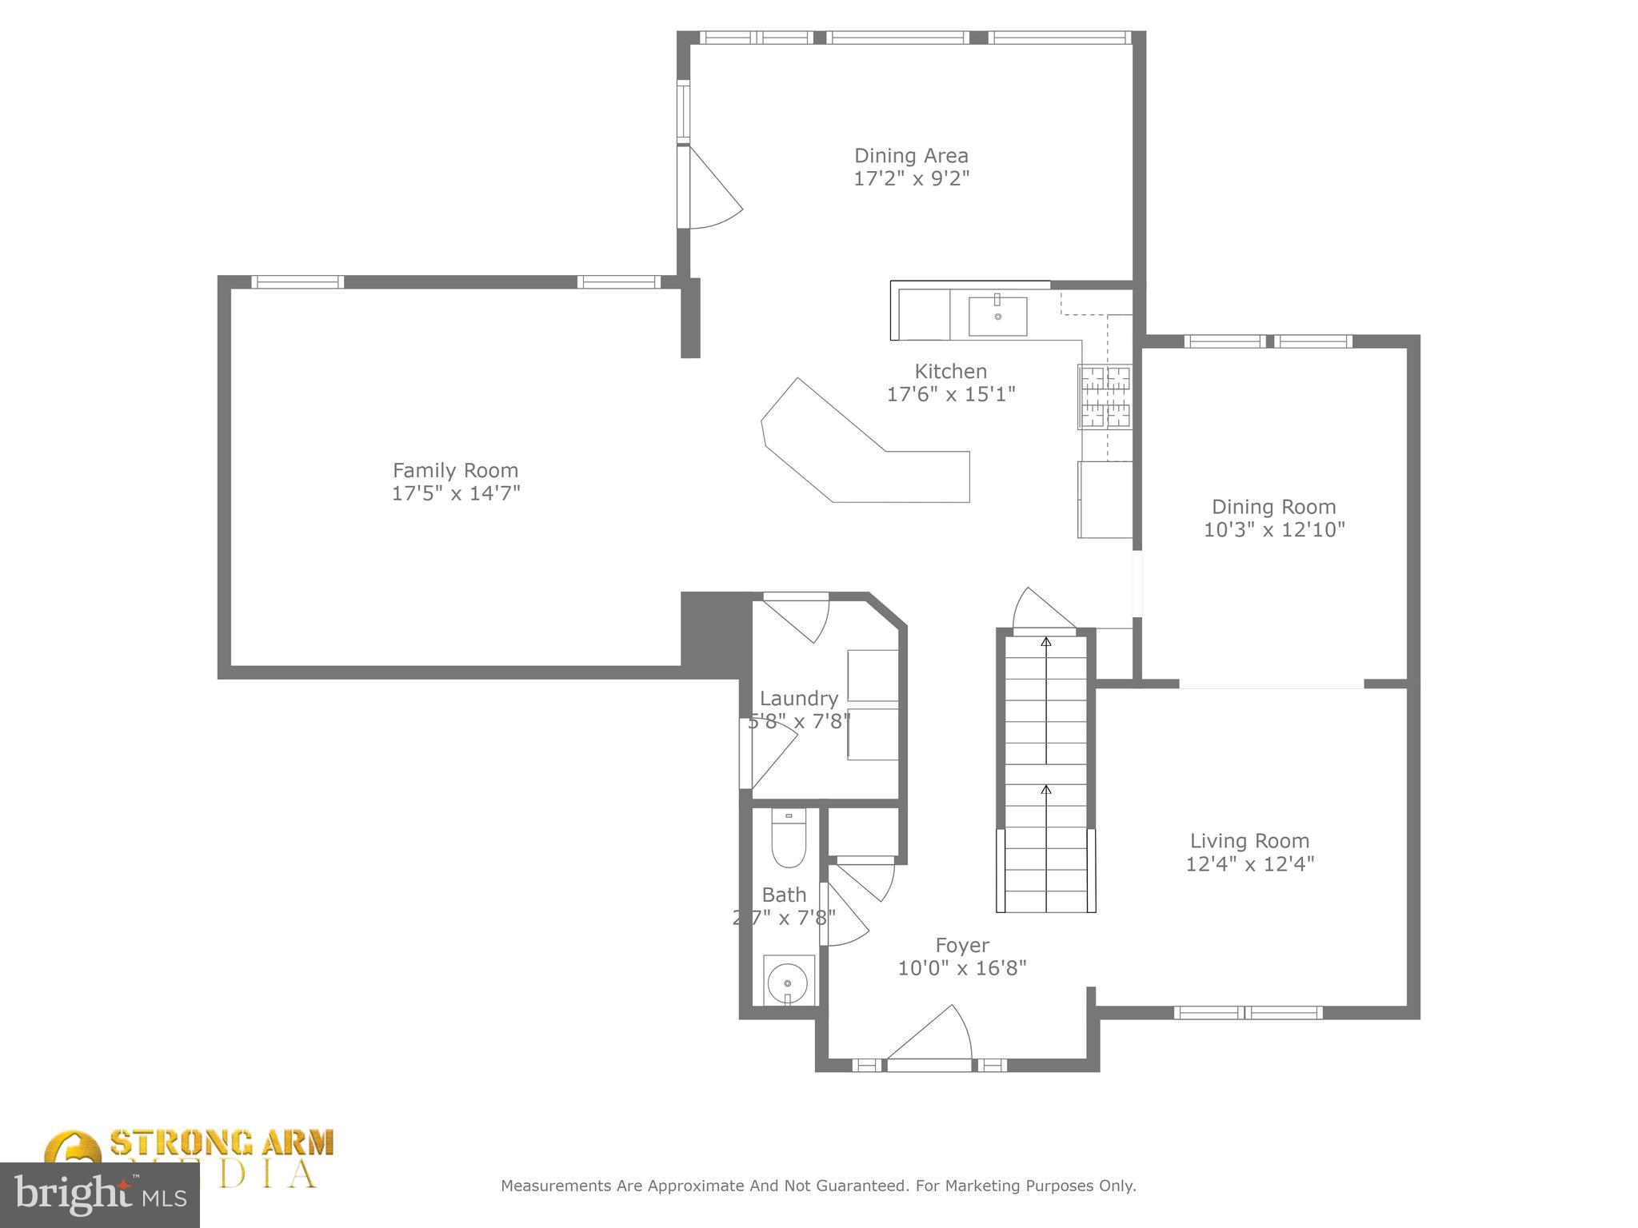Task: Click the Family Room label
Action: pyautogui.click(x=455, y=470)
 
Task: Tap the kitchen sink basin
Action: pyautogui.click(x=997, y=316)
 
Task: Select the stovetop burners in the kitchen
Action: pyautogui.click(x=1105, y=397)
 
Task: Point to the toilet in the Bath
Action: pyautogui.click(x=789, y=839)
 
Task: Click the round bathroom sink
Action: pyautogui.click(x=788, y=981)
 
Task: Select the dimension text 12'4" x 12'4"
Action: pyautogui.click(x=1249, y=863)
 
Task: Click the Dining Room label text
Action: pyautogui.click(x=1273, y=507)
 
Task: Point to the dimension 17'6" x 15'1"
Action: pyautogui.click(x=950, y=394)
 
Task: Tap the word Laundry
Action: pyautogui.click(x=798, y=699)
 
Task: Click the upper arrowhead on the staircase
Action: pyautogui.click(x=1045, y=640)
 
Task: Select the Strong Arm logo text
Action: pyautogui.click(x=222, y=1143)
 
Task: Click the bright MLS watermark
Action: pyautogui.click(x=100, y=1194)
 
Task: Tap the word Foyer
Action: pyautogui.click(x=961, y=946)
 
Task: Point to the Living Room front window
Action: pyautogui.click(x=1248, y=1012)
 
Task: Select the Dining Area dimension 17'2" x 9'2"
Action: pyautogui.click(x=911, y=178)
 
